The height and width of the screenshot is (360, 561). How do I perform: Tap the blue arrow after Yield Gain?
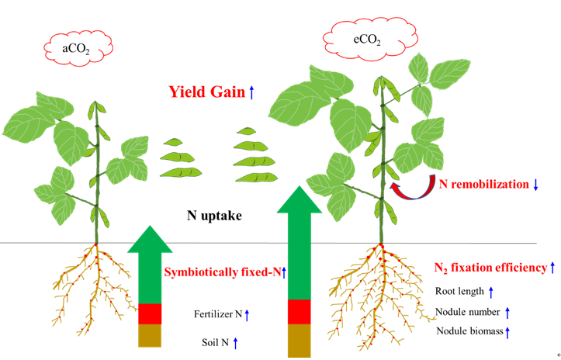[251, 92]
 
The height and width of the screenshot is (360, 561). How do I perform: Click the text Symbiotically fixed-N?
[222, 272]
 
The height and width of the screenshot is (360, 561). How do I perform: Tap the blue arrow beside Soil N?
[235, 341]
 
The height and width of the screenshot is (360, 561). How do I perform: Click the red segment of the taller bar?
[299, 311]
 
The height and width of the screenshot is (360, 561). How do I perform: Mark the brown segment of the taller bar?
[299, 341]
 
